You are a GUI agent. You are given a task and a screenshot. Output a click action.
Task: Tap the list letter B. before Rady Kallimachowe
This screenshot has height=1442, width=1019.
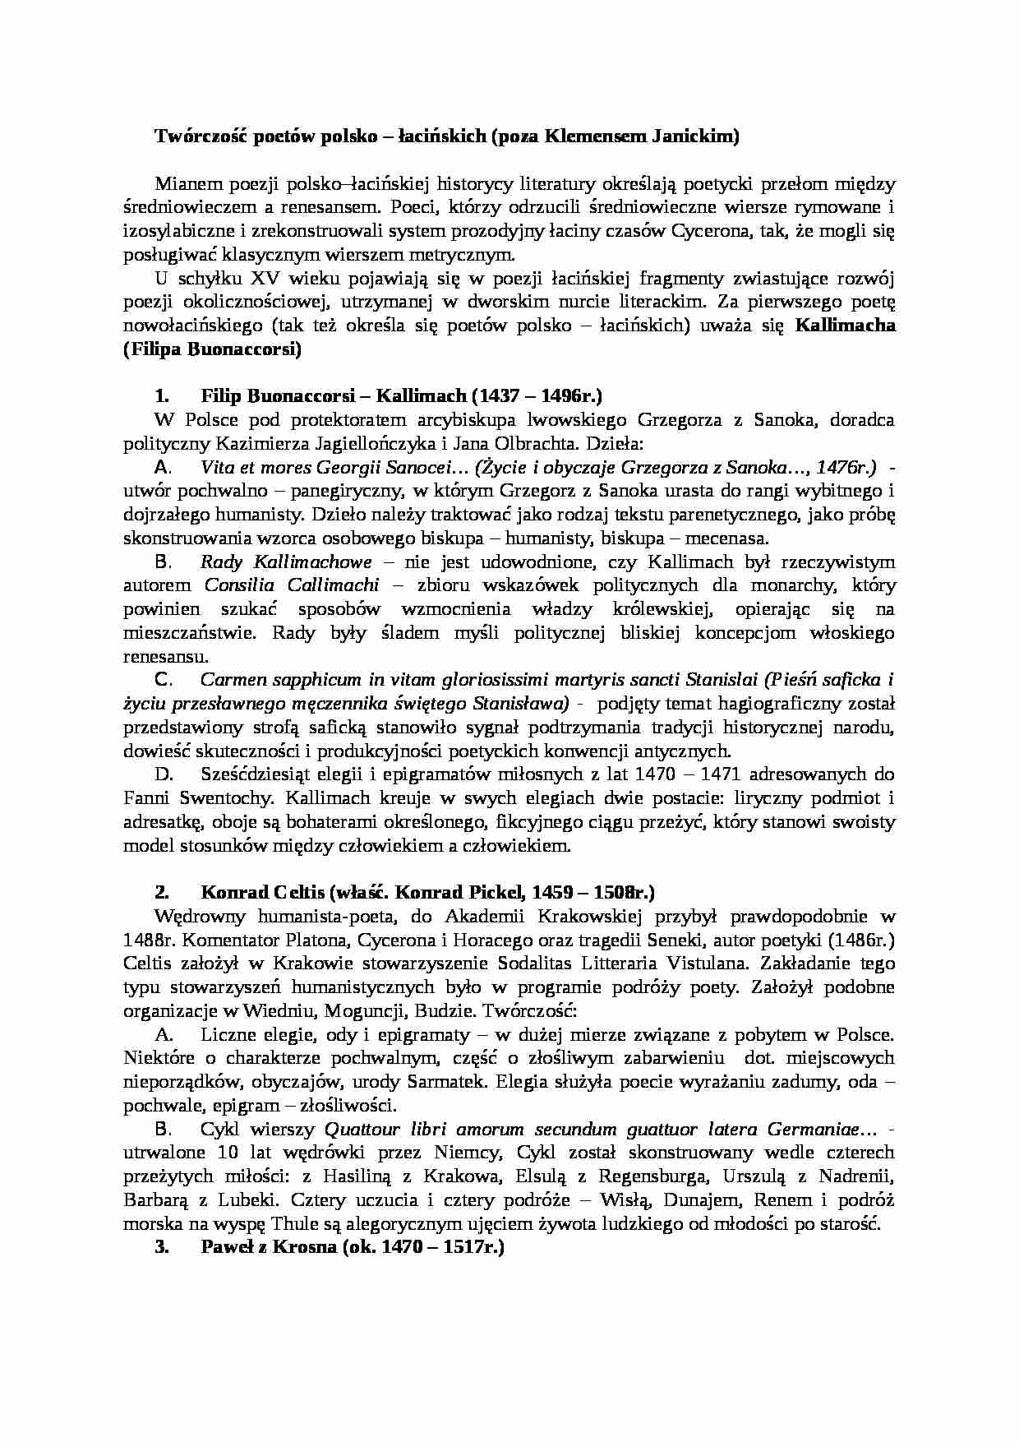point(162,563)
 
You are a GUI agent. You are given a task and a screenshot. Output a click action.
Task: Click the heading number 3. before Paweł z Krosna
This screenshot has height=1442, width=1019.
point(162,1247)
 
